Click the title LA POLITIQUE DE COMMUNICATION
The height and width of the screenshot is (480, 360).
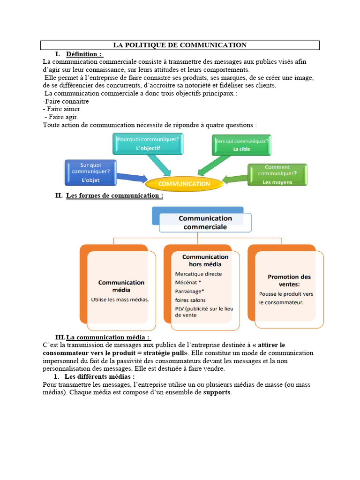(180, 45)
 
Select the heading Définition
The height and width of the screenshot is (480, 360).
(84, 54)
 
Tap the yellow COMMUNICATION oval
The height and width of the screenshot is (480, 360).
(185, 184)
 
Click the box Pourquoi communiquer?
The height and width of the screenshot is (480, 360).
(148, 143)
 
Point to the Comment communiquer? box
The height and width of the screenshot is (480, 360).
(277, 174)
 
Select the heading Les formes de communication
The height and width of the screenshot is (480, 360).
(114, 195)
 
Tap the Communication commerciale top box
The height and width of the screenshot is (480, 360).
(205, 223)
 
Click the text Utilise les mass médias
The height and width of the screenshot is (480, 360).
(120, 299)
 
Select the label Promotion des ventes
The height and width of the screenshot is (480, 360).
(289, 280)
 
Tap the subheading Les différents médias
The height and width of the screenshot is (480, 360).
(99, 376)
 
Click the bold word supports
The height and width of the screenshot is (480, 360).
(217, 392)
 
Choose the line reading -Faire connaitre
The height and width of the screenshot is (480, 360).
(66, 101)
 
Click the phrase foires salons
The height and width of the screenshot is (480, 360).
(190, 300)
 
